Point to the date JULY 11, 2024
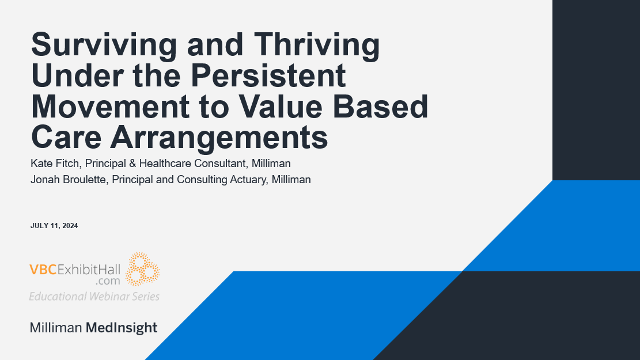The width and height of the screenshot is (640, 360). coord(54,226)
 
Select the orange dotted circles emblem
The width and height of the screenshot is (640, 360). coord(142,269)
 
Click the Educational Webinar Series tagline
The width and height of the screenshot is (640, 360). coord(94,296)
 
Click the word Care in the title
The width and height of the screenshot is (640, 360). coord(64,138)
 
